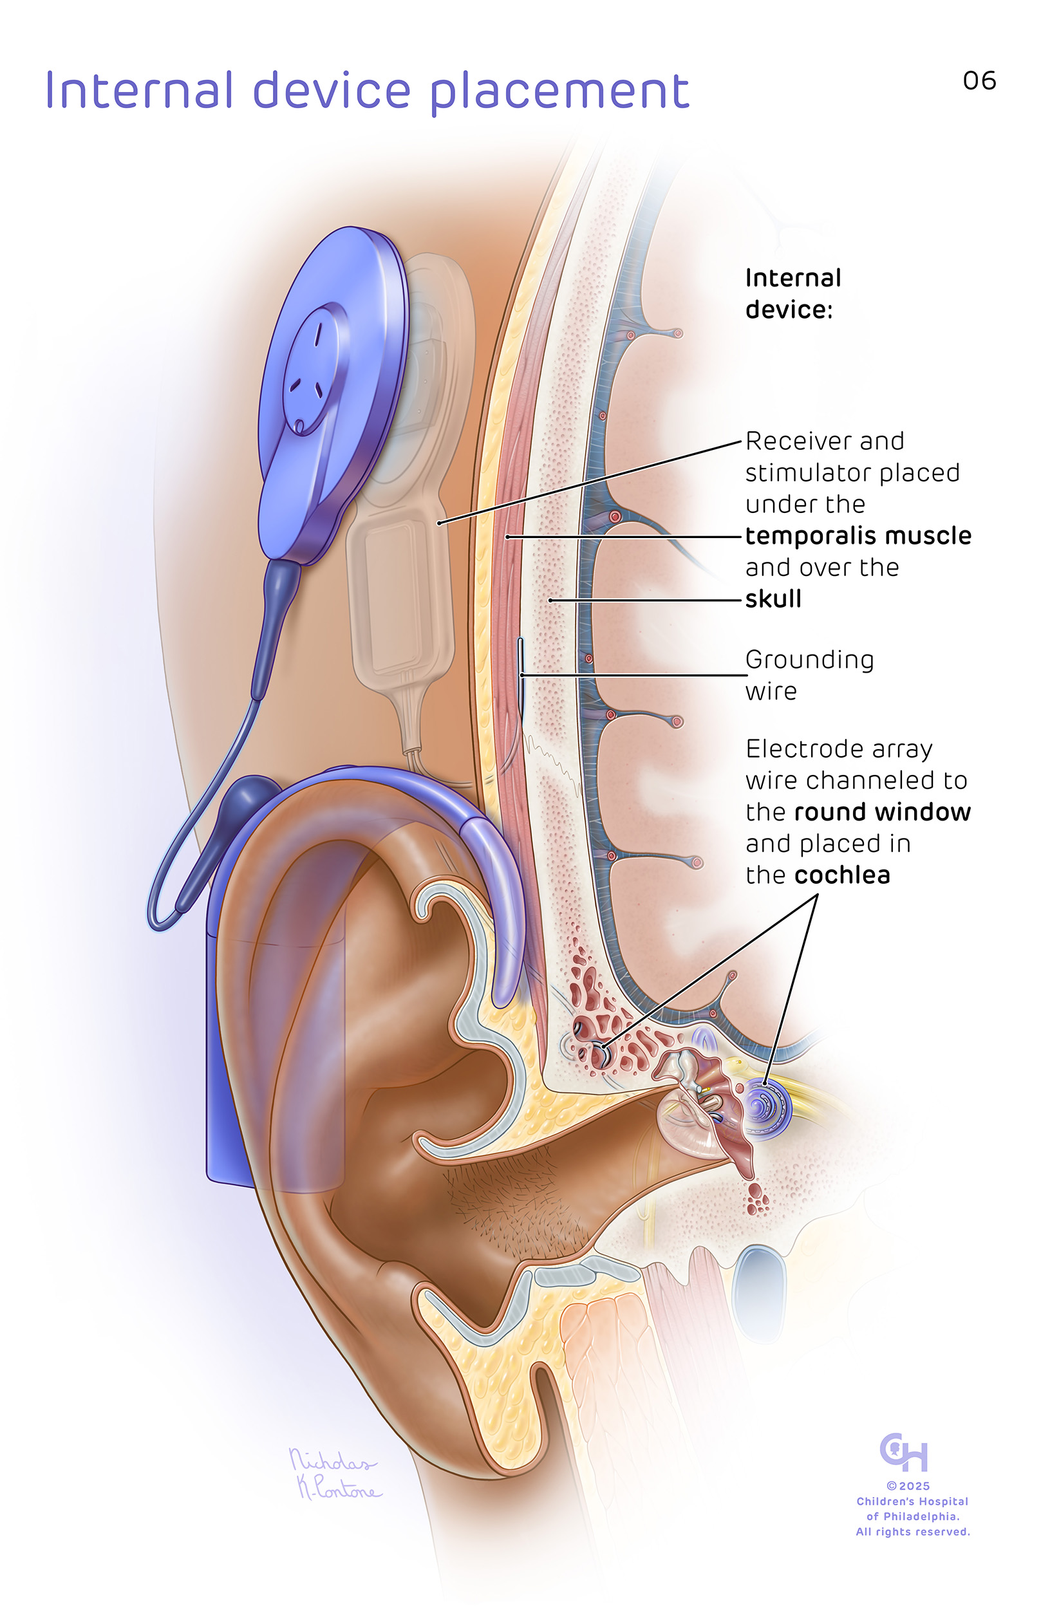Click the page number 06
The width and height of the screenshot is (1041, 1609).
pos(979,80)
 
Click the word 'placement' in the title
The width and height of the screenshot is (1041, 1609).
pos(559,92)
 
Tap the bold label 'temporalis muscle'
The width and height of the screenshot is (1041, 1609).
pos(858,535)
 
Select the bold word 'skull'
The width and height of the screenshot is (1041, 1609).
pos(773,598)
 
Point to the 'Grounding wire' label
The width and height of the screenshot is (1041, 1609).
pos(809,674)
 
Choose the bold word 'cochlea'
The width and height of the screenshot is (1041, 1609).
pos(842,875)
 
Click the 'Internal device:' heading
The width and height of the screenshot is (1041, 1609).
pos(793,293)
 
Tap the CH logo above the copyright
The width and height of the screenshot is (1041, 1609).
pos(904,1451)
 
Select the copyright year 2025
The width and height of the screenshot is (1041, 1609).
pos(914,1486)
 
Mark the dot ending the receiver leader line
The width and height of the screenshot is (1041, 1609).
pos(438,523)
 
